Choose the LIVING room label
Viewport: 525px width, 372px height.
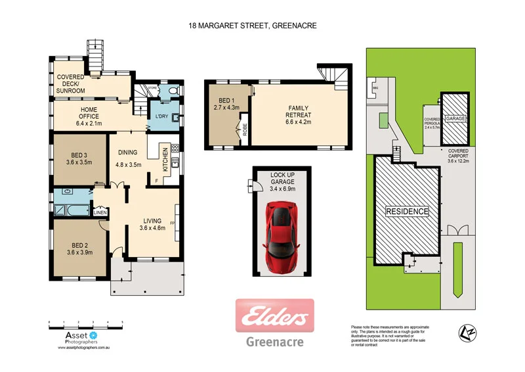coord(152,224)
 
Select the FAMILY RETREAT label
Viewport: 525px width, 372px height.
coord(297,112)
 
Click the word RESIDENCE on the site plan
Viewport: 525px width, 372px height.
coord(407,212)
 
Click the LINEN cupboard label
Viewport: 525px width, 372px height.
coord(100,212)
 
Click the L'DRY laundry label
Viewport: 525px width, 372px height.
coord(161,117)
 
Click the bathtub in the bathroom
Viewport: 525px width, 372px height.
coord(72,210)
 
